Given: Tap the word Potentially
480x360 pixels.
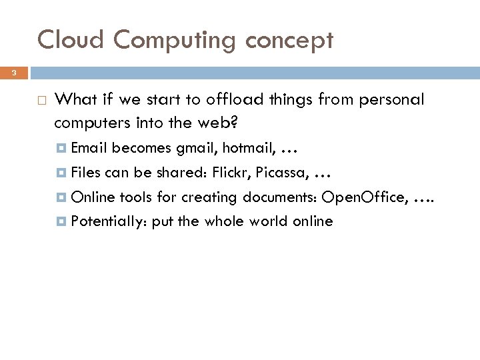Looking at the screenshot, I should pyautogui.click(x=110, y=221).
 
